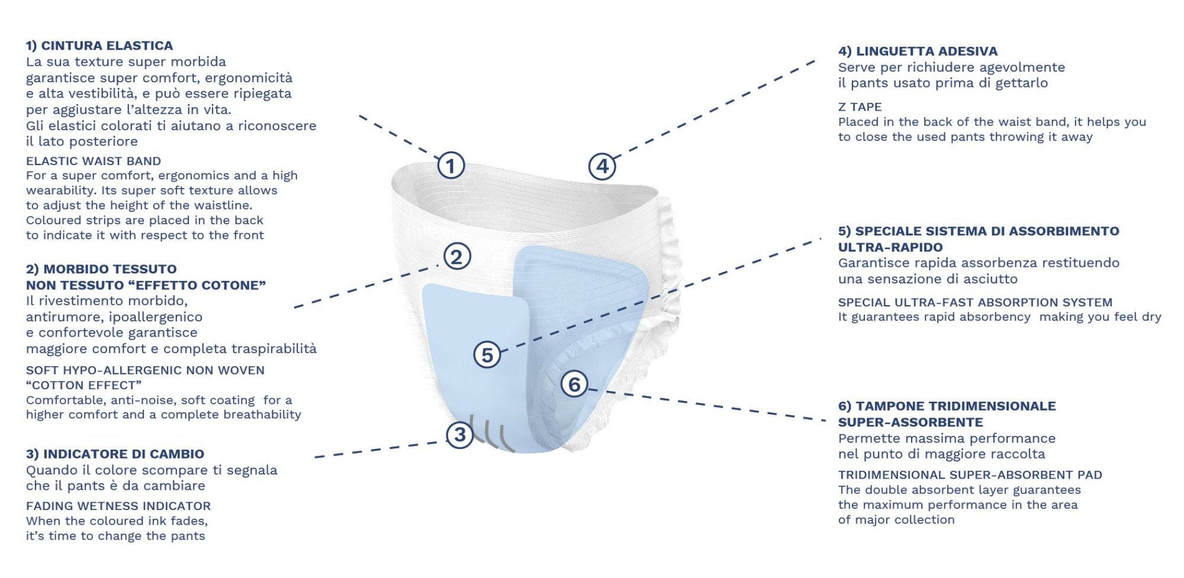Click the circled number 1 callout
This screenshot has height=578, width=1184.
[451, 166]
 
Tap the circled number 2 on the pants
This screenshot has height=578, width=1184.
[457, 257]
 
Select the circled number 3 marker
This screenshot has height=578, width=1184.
[460, 435]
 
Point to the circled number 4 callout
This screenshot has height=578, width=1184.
[602, 166]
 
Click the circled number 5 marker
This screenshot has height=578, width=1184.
[487, 355]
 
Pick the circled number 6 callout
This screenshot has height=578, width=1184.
[574, 385]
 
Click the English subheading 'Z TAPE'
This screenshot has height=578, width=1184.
[860, 107]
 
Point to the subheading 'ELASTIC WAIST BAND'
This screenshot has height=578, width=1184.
[94, 161]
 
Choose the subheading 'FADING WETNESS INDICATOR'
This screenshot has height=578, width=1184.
[118, 506]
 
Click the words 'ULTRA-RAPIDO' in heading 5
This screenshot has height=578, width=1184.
[890, 247]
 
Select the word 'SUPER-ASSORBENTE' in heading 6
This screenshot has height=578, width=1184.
[910, 422]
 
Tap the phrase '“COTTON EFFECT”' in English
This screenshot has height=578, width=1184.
[83, 385]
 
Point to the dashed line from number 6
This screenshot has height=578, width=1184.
[707, 405]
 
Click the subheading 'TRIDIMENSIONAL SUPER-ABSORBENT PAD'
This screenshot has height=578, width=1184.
[970, 475]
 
